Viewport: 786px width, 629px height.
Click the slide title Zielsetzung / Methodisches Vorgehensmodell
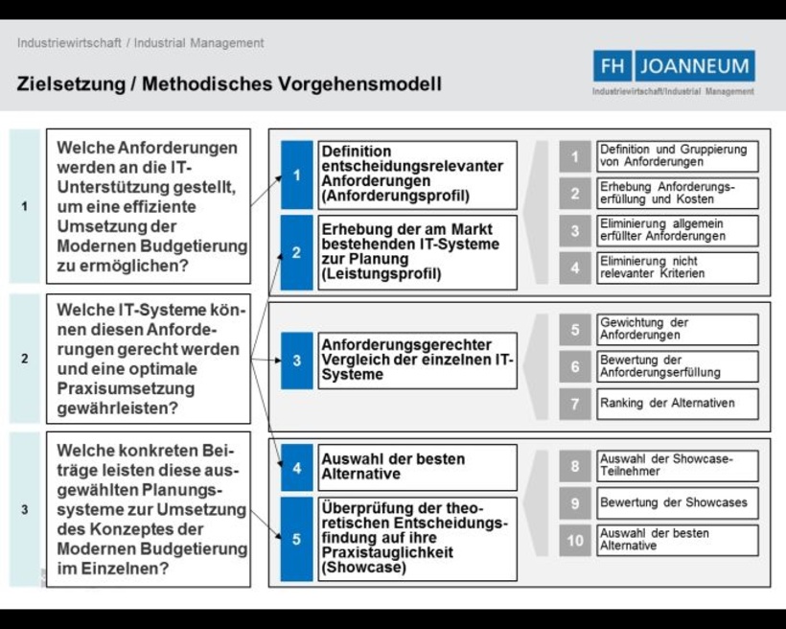pos(229,83)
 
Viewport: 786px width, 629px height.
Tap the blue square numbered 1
pos(297,175)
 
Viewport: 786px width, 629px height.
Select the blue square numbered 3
pos(297,361)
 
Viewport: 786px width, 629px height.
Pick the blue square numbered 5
pos(297,540)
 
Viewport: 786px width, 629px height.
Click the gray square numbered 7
pos(575,404)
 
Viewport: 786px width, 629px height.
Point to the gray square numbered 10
pos(575,540)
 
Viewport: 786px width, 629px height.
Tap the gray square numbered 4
pos(575,268)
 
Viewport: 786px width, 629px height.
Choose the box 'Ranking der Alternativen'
pos(677,404)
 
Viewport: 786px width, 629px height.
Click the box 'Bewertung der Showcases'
pos(677,502)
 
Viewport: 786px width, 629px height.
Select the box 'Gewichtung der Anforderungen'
pos(677,330)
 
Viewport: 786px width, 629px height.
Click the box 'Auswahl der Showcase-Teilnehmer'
pos(677,466)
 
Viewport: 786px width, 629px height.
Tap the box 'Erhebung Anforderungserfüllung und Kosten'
pos(677,193)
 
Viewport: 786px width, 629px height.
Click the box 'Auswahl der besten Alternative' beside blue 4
pos(418,467)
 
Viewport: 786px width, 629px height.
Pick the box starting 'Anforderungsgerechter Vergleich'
pos(418,361)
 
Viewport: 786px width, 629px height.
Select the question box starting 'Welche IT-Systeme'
pos(149,359)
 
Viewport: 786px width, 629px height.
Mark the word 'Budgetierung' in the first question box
pos(200,246)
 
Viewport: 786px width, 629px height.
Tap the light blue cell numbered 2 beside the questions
pos(25,359)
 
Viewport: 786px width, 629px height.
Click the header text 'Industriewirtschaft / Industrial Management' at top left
pos(140,43)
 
